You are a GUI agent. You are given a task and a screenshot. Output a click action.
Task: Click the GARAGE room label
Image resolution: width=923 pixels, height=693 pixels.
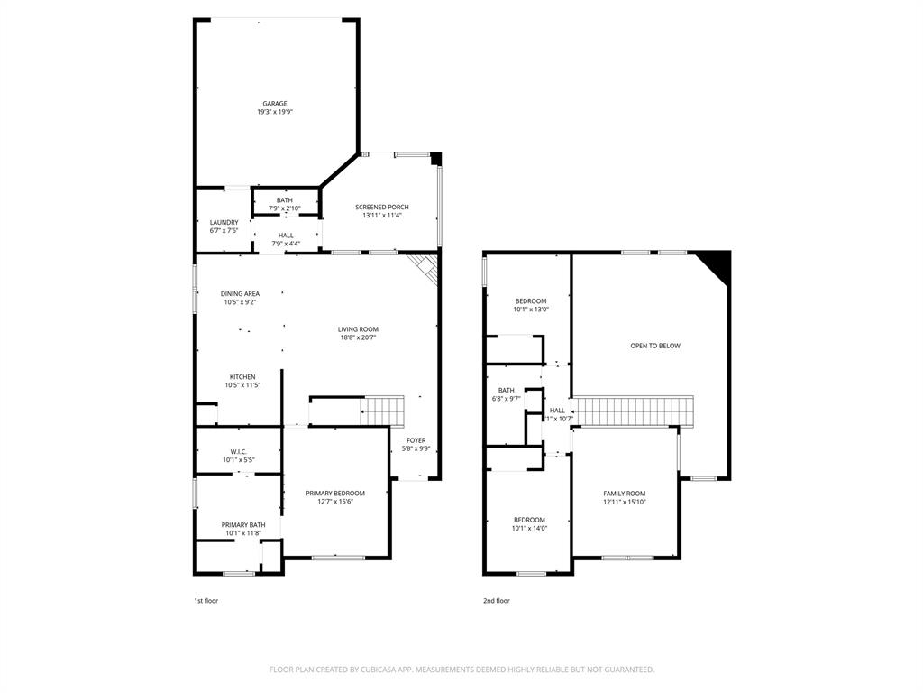click(x=275, y=104)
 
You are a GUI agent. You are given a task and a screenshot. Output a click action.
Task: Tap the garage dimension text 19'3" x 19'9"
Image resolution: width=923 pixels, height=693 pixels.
click(x=275, y=113)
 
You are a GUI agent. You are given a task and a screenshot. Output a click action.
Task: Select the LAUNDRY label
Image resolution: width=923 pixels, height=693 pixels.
click(x=224, y=222)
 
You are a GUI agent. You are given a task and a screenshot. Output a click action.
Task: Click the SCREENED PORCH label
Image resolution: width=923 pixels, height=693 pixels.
click(x=381, y=208)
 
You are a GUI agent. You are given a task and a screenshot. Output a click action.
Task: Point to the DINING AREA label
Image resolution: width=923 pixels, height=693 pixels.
click(x=240, y=293)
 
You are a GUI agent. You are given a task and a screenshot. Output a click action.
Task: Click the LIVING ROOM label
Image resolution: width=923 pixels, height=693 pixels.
click(x=358, y=329)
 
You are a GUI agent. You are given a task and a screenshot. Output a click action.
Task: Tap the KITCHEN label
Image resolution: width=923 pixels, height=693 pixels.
click(x=242, y=377)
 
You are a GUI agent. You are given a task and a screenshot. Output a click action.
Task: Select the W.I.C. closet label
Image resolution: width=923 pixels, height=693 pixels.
click(x=239, y=451)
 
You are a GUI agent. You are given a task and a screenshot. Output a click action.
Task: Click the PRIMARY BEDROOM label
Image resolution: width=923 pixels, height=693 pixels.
click(x=335, y=494)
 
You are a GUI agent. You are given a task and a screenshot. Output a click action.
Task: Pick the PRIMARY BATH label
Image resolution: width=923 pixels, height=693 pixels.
click(x=243, y=525)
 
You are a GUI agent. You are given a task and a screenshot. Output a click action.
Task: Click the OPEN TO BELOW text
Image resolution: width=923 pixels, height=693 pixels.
click(x=655, y=346)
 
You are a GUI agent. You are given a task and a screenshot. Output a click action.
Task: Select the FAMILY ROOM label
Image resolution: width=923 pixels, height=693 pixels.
click(x=625, y=494)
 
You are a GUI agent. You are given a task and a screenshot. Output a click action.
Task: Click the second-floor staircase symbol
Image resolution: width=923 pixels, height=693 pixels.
click(x=635, y=411)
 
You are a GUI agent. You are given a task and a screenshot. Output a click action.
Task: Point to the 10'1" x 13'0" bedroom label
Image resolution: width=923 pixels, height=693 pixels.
click(x=530, y=301)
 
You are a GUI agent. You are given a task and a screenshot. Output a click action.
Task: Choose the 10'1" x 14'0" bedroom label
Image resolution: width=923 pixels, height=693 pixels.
click(x=529, y=520)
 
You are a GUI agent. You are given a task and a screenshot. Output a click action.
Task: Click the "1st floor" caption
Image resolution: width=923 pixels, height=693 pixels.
click(x=206, y=601)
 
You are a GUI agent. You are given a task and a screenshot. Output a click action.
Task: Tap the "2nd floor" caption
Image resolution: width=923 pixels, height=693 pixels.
click(x=496, y=601)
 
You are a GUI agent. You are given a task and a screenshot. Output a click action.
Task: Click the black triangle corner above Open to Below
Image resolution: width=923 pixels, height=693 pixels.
click(x=718, y=263)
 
